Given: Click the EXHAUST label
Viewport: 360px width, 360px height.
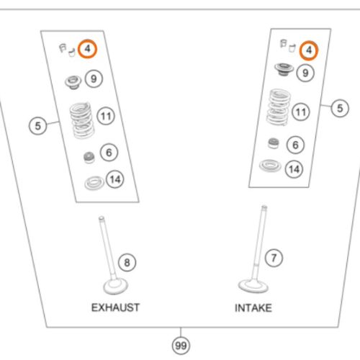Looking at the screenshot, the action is pyautogui.click(x=115, y=307).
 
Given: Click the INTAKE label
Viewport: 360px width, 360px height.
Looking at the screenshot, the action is pyautogui.click(x=253, y=308).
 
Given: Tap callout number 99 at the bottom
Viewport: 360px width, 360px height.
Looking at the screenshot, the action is pyautogui.click(x=181, y=346).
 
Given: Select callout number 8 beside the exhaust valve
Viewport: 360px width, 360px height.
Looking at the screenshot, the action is pyautogui.click(x=127, y=262).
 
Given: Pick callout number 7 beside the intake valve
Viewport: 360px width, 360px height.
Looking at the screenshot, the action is pyautogui.click(x=274, y=258).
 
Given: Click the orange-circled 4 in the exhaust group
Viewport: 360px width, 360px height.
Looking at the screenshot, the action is pyautogui.click(x=87, y=49).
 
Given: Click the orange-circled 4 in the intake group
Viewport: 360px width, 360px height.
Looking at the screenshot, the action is pyautogui.click(x=309, y=50).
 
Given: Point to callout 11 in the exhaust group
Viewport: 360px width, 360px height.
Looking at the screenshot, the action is pyautogui.click(x=106, y=116).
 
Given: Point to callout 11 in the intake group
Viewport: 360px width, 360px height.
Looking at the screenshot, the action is pyautogui.click(x=301, y=112).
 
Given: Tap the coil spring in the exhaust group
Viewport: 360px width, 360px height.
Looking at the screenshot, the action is pyautogui.click(x=81, y=120).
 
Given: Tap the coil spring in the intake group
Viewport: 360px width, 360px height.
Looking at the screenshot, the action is pyautogui.click(x=278, y=107).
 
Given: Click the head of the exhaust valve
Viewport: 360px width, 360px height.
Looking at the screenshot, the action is pyautogui.click(x=115, y=287).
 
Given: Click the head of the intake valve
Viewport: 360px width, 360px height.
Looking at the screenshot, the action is pyautogui.click(x=253, y=286).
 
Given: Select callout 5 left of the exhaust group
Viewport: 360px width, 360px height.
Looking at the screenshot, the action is pyautogui.click(x=38, y=126).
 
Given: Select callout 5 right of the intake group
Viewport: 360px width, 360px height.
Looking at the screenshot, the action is pyautogui.click(x=340, y=108).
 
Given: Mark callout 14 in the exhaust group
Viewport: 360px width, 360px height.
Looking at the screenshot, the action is pyautogui.click(x=115, y=179).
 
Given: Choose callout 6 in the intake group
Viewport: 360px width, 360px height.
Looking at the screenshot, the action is pyautogui.click(x=295, y=145).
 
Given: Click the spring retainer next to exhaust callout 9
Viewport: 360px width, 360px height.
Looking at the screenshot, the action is pyautogui.click(x=73, y=82).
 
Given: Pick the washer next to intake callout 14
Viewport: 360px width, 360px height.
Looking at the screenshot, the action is pyautogui.click(x=270, y=166).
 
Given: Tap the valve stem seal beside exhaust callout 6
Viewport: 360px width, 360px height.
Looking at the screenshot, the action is pyautogui.click(x=89, y=158).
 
